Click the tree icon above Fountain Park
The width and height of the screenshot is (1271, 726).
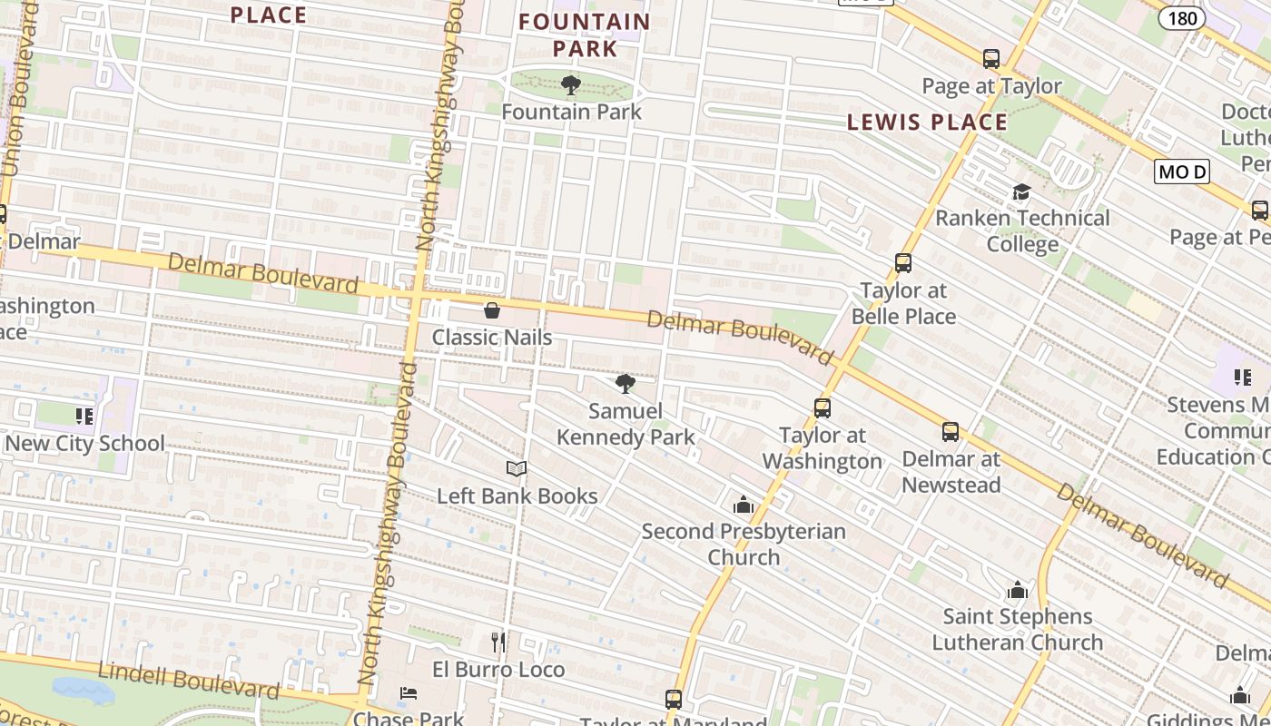point(571,85)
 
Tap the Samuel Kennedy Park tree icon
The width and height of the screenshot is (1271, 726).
point(626,384)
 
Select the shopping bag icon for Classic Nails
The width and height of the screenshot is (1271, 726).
point(492,310)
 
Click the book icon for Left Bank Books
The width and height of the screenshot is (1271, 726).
point(517,468)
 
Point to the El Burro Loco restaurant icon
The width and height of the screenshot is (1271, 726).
point(498,643)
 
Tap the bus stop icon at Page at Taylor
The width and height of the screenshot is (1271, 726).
point(991,59)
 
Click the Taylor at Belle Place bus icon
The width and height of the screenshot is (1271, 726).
point(903,263)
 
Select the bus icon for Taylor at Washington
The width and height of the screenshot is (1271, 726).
point(823,408)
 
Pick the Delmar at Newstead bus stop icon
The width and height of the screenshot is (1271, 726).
point(951,432)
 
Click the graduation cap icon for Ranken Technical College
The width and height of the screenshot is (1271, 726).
point(1022,191)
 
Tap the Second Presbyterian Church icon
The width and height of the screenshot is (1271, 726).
point(744,505)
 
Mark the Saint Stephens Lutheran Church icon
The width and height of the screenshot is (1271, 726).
point(1018,590)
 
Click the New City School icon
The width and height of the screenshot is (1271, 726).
point(84,417)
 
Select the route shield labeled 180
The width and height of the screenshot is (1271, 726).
point(1182,18)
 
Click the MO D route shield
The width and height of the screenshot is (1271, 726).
point(1182,172)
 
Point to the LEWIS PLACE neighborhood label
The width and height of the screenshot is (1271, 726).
point(927,123)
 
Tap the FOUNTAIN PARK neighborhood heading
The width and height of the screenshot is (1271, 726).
point(585,34)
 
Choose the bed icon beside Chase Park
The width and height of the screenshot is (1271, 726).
point(409,694)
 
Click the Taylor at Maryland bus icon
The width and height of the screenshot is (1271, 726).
point(674,700)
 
